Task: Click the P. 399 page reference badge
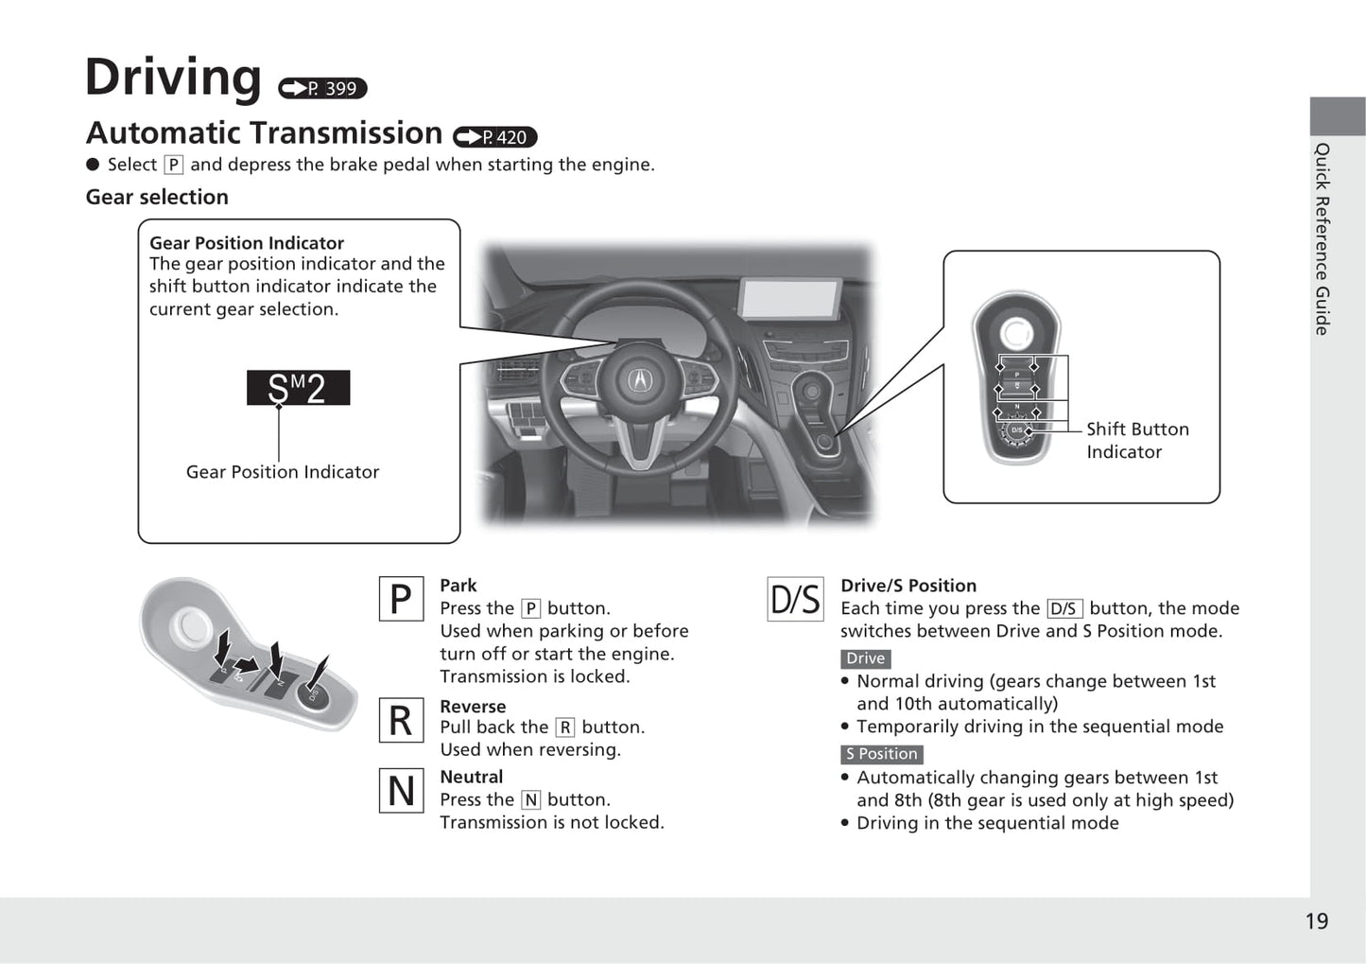322,88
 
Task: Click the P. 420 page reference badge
494,137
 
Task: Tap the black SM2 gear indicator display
298,388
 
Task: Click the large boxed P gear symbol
401,599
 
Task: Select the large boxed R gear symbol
401,721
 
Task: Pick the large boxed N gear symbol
401,791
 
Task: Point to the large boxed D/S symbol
794,599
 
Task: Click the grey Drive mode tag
865,658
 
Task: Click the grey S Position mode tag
881,754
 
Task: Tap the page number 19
1316,921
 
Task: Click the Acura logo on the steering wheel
639,380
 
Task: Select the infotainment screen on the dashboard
790,299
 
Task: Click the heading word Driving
173,78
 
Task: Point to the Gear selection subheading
157,197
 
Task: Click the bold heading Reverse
473,707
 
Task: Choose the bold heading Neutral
471,777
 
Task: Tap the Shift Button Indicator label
1136,440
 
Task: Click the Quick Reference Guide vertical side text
1322,238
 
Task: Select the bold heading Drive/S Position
908,586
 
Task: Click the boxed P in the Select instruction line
173,165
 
